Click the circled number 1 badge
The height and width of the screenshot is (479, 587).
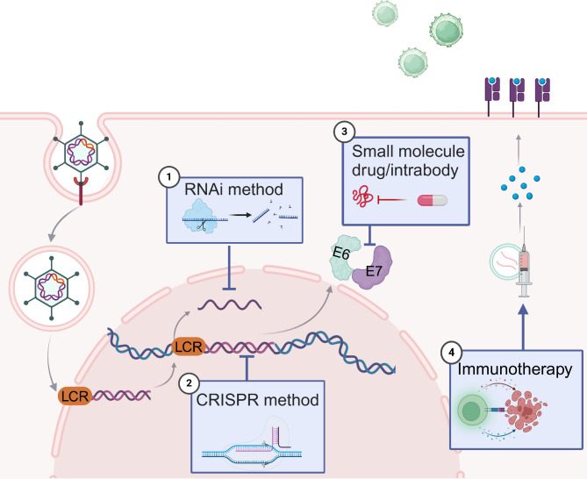click(x=169, y=177)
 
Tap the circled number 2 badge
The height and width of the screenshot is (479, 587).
click(x=189, y=382)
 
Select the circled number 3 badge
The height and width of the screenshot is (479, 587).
click(x=345, y=132)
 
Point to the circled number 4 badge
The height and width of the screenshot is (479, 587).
click(x=451, y=353)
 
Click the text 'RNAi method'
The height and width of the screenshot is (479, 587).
click(x=233, y=189)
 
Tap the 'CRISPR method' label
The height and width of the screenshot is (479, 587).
click(x=258, y=400)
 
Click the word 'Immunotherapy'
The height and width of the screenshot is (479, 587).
click(x=515, y=369)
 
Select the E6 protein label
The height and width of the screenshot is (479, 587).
click(x=340, y=254)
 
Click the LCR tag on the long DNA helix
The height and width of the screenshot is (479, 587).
click(x=189, y=347)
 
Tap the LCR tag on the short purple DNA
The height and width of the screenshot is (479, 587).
click(x=75, y=396)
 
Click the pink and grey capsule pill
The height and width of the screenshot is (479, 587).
click(x=433, y=200)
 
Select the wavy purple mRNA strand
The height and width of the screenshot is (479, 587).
click(x=230, y=304)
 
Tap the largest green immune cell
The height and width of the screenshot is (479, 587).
click(x=446, y=30)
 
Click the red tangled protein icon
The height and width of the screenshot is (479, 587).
click(x=362, y=198)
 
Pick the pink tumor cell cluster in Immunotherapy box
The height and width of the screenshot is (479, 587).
click(x=526, y=411)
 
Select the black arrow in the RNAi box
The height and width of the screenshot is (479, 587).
click(x=240, y=215)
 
